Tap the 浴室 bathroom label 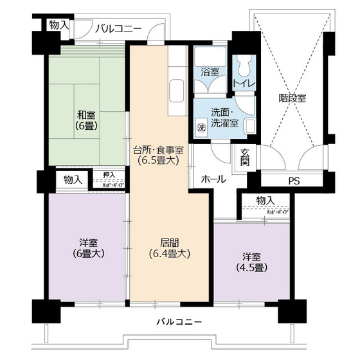coord(210,72)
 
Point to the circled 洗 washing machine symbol coord(201,126)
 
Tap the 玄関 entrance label coord(246,157)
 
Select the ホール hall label coord(213,179)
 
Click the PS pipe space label coord(294,181)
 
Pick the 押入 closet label coord(109,174)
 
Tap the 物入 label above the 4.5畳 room coord(264,201)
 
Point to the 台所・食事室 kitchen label coord(158,150)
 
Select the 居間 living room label coord(170,242)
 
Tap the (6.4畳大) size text coord(170,253)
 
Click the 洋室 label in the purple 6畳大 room coord(89,242)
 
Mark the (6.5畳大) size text coord(158,161)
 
